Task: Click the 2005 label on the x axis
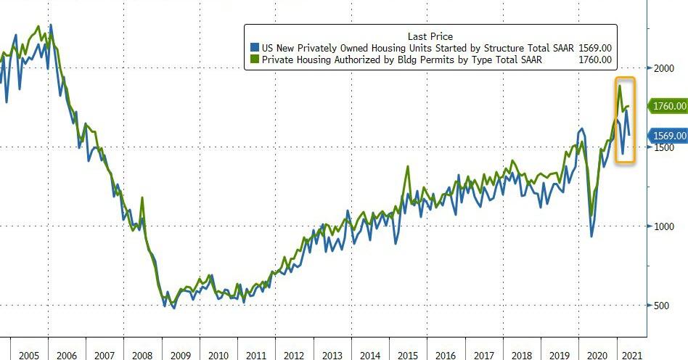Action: pyautogui.click(x=29, y=356)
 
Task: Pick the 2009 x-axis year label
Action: pyautogui.click(x=181, y=356)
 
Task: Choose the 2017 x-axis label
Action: pyautogui.click(x=483, y=356)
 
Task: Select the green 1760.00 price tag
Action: pyautogui.click(x=668, y=106)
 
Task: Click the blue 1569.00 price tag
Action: pyautogui.click(x=668, y=136)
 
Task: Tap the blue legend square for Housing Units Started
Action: pyautogui.click(x=254, y=48)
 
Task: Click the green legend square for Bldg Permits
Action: pyautogui.click(x=254, y=60)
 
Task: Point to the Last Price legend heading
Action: pyautogui.click(x=431, y=36)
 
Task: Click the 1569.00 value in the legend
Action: pyautogui.click(x=594, y=48)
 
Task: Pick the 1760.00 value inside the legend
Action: pyautogui.click(x=594, y=60)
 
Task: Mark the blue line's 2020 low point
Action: pyautogui.click(x=591, y=236)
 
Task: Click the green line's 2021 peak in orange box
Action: pyautogui.click(x=620, y=86)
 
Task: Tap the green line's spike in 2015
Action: pyautogui.click(x=408, y=166)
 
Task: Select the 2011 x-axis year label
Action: pyautogui.click(x=256, y=356)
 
